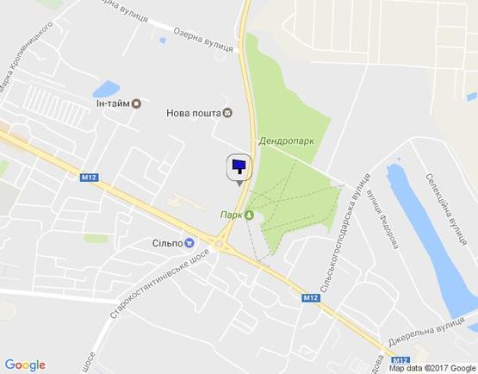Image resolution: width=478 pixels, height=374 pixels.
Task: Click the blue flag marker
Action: (x=238, y=167)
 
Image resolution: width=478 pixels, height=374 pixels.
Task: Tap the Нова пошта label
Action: (x=193, y=112)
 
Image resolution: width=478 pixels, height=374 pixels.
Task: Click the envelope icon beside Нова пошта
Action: (x=227, y=112)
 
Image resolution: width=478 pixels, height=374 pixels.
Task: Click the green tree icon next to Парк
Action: (x=249, y=215)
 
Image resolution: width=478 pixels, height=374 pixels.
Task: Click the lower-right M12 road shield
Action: (x=313, y=297)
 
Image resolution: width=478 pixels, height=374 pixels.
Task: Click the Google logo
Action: (x=25, y=365)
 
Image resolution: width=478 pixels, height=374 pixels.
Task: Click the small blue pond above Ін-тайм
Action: (x=106, y=88)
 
